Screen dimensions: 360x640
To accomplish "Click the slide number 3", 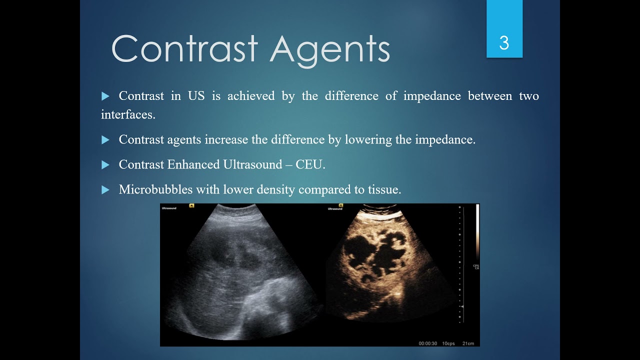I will coord(504,43).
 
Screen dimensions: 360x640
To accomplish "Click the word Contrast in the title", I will coord(184,49).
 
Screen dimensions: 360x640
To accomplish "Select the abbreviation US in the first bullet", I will coord(196,96).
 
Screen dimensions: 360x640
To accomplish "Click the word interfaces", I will coord(128,114).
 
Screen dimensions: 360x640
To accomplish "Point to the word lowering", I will coord(368,140).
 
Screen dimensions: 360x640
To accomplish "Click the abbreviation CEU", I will coord(309,165).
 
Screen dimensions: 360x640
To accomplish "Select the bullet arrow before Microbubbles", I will coord(105,190).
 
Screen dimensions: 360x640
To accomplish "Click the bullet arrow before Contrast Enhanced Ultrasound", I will coord(105,165).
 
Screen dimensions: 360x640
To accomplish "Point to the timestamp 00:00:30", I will coord(428,343).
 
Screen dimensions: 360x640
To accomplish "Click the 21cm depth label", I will coord(468,343).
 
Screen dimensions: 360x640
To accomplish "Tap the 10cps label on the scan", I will coord(448,343).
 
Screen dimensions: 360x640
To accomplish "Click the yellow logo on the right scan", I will coord(340,205).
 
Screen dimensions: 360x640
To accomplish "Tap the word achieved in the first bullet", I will coord(251,96).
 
